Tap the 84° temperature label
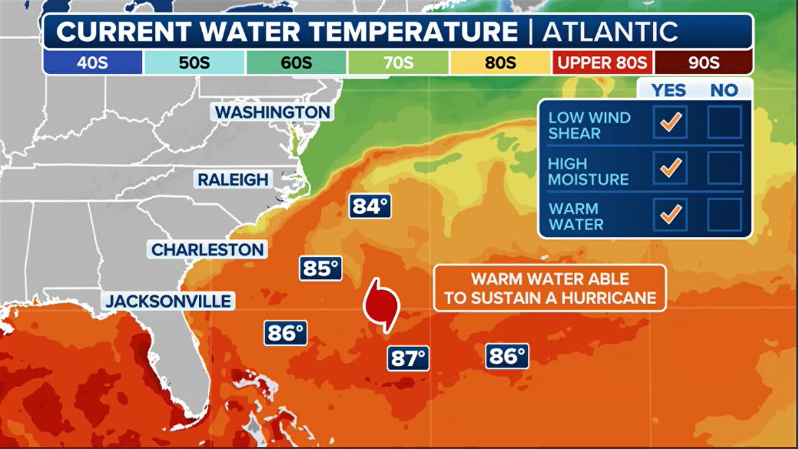pos(370,206)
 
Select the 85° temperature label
pos(321,268)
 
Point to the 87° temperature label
pos(407,359)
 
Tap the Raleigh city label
pos(233,179)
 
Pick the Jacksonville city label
pos(169,301)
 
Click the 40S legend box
pos(92,63)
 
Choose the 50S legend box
pos(194,63)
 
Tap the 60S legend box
pos(297,63)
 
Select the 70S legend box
pos(398,63)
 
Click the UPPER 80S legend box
pos(602,63)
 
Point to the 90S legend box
pos(704,63)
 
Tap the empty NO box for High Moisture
pos(724,168)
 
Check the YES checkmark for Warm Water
pos(670,214)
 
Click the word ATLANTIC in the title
pos(610,31)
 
